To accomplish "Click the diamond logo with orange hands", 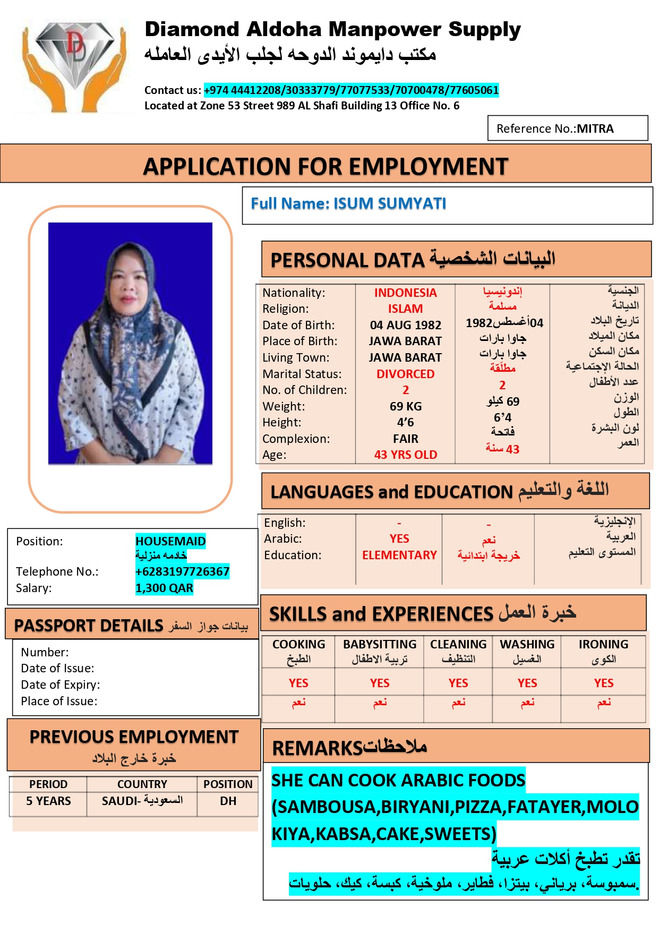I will coord(74,65).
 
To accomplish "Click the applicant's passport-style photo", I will coord(130,344).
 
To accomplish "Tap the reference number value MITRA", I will coord(595,129).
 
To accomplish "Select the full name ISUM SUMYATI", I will coord(390,204).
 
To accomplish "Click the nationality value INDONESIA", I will coord(405,293).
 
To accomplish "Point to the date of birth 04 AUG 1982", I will coord(405,326).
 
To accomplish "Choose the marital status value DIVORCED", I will coord(405,374).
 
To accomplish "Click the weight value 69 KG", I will coord(405,407).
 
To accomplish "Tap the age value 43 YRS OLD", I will coord(405,455).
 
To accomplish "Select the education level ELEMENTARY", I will coord(399,555).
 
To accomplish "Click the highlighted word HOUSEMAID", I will coord(170,542).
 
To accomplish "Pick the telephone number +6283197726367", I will coord(182,572).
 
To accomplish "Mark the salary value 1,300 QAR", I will coord(164,588).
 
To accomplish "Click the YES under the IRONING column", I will coord(603,683).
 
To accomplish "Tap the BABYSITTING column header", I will coord(380,645).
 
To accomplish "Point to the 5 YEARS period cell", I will coord(48,801).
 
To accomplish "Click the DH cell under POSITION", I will coord(228,801).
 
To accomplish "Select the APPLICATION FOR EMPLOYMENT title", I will coord(326,167).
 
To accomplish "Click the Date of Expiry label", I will coord(60,685).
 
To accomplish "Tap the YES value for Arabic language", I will coord(399,539).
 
